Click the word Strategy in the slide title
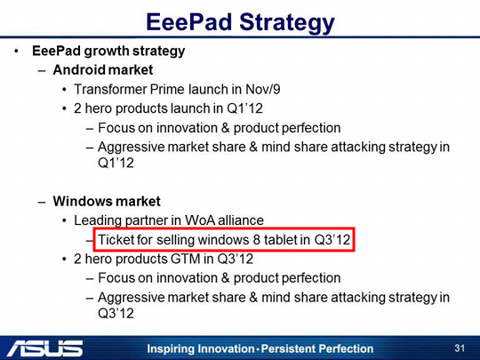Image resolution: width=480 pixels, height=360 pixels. click(287, 23)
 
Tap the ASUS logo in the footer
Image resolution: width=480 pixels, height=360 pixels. click(45, 348)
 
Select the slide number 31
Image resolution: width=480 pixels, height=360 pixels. click(460, 348)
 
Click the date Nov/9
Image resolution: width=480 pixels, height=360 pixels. click(262, 90)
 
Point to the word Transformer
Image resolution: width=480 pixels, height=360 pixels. click(110, 90)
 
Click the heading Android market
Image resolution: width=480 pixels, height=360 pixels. click(103, 70)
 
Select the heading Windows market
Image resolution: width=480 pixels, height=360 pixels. click(107, 201)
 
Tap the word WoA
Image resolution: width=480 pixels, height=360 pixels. click(200, 220)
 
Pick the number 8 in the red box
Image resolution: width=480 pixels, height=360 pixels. click(257, 240)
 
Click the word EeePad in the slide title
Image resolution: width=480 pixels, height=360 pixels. click(188, 22)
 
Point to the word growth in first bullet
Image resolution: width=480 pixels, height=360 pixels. click(107, 52)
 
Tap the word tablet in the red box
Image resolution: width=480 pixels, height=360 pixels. click(281, 240)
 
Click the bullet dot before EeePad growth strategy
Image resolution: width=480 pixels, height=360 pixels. click(16, 52)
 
